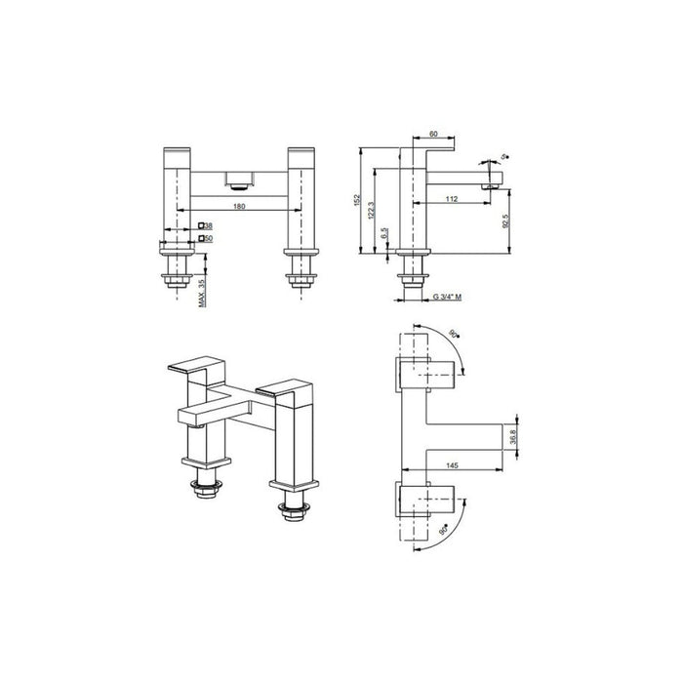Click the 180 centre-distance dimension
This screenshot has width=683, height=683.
(239, 208)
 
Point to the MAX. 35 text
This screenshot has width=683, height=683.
(202, 291)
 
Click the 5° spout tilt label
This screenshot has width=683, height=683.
(502, 156)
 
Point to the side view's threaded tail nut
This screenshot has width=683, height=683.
(418, 278)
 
